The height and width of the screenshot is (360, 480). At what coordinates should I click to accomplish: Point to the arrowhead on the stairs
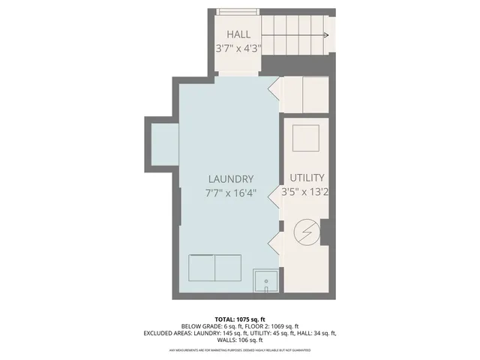tap(325, 35)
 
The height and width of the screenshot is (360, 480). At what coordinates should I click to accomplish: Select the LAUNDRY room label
tap(230, 178)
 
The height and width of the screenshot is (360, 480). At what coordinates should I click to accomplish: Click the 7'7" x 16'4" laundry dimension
tap(230, 193)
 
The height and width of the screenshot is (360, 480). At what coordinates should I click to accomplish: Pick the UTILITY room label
tap(307, 178)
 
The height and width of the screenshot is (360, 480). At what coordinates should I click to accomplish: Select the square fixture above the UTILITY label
tap(306, 139)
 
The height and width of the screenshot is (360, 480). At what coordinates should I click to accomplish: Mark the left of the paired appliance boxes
tap(202, 266)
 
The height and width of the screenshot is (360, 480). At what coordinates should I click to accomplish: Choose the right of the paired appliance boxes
tap(229, 266)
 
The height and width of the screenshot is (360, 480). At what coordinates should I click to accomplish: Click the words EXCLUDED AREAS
tap(169, 333)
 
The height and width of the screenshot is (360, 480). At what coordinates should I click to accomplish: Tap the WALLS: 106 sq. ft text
tap(240, 340)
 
